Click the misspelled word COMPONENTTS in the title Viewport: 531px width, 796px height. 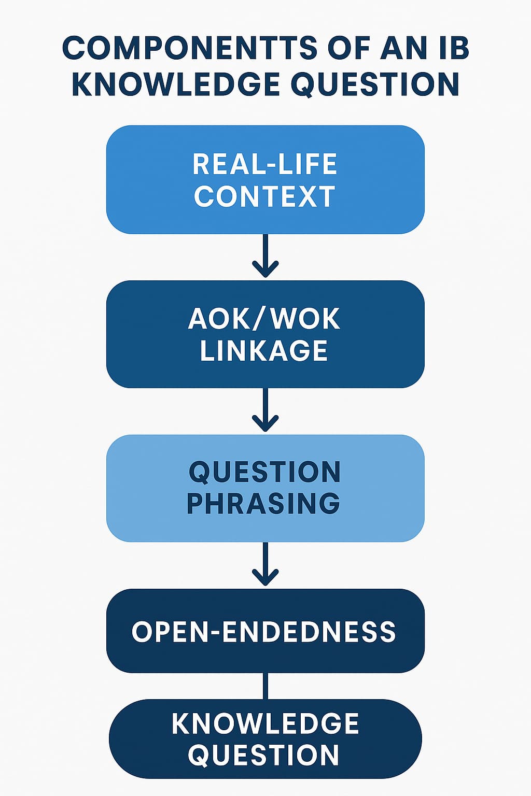coord(190,48)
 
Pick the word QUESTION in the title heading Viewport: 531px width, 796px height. coord(375,84)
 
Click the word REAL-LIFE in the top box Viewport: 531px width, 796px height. coord(265,164)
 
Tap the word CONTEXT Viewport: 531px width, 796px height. coord(265,197)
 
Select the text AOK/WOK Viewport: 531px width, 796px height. coord(264,318)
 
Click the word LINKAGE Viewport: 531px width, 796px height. coord(264,351)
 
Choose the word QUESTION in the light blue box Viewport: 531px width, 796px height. coord(264,472)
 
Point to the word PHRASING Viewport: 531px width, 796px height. coord(263,503)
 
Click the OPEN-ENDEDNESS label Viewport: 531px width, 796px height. coord(264,632)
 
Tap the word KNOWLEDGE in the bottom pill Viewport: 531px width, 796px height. coord(265,723)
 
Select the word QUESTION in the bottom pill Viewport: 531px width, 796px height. coord(263,755)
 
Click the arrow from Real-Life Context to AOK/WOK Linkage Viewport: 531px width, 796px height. coord(265,256)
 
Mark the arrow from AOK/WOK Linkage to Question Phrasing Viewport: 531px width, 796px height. coord(265,410)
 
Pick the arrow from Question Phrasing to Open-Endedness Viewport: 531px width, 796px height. coord(265,564)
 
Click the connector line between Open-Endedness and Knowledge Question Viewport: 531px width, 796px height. coord(265,686)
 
